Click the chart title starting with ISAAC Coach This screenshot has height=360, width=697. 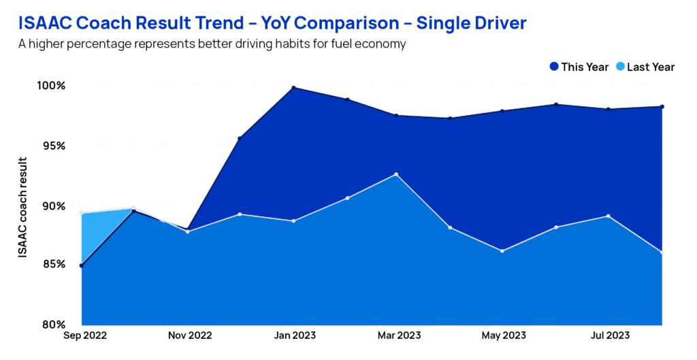point(272,24)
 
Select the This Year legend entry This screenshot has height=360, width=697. point(579,67)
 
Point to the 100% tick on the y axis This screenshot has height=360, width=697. point(52,86)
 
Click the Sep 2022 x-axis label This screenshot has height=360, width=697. point(82,336)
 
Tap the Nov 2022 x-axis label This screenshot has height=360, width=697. point(189,336)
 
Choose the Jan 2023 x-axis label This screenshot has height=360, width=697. point(293,336)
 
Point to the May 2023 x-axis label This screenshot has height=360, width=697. point(503,336)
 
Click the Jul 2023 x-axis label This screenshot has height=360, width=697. point(608,336)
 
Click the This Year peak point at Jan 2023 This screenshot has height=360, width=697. point(293,88)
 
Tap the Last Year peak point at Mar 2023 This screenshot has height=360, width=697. point(396,174)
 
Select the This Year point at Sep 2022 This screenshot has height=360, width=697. point(82,265)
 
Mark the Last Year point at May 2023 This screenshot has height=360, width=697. point(502,251)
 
